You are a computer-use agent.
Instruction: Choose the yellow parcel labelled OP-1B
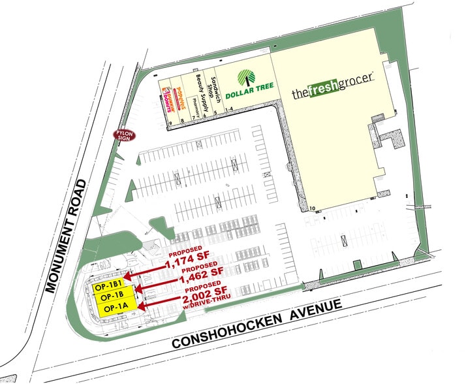(113, 297)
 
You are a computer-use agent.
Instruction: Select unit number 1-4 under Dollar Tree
(228, 113)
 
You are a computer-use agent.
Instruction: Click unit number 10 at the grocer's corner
(313, 208)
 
